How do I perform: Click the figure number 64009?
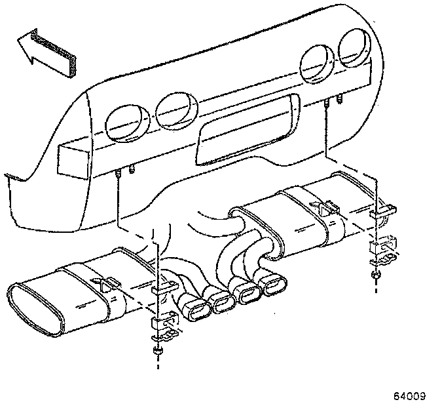(x=411, y=396)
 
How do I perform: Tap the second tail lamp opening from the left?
(x=175, y=110)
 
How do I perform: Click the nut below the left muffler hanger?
(x=159, y=352)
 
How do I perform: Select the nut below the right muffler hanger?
(x=376, y=274)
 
